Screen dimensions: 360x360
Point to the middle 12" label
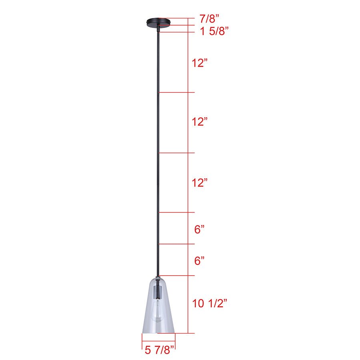tap(200, 122)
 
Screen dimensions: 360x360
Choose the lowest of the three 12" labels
tap(200, 183)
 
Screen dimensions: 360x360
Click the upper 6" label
tap(200, 230)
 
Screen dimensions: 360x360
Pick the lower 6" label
tap(200, 261)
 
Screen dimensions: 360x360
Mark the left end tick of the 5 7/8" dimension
tap(142, 340)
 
